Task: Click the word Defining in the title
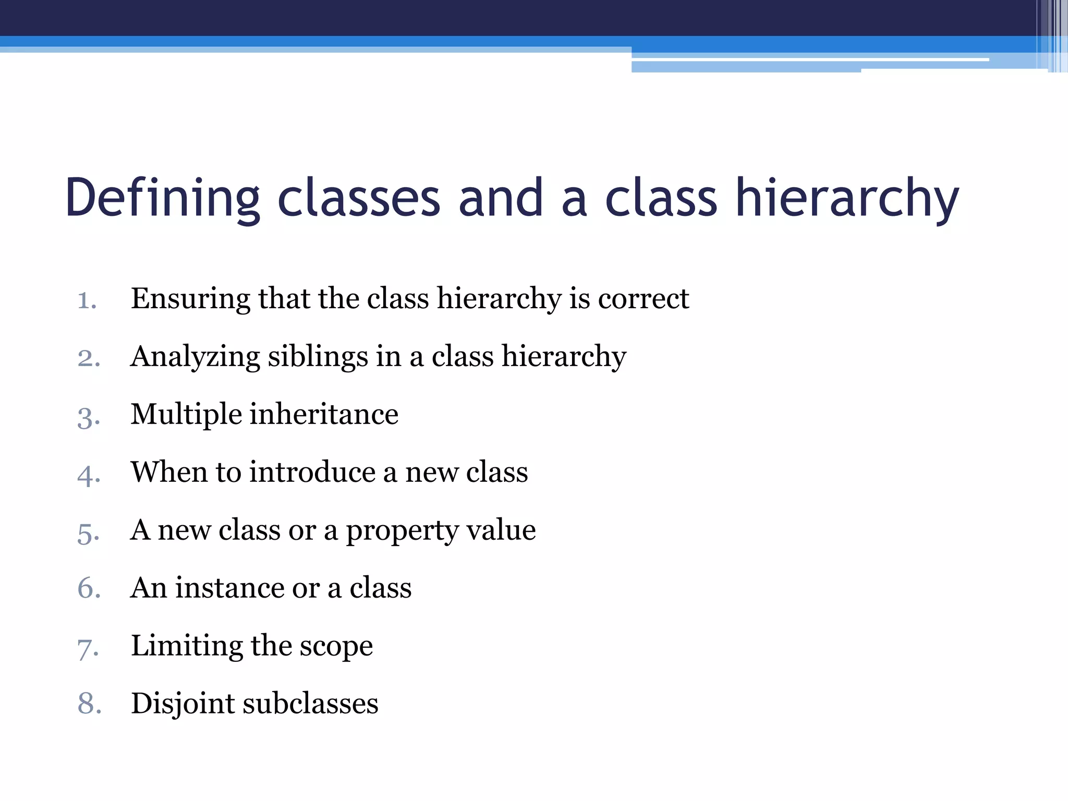click(x=162, y=198)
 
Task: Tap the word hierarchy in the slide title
click(x=847, y=198)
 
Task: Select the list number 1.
click(x=87, y=300)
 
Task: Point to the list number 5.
click(x=88, y=532)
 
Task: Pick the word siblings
click(x=318, y=357)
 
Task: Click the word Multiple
click(x=186, y=415)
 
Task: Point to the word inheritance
click(x=324, y=415)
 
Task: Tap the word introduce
click(x=312, y=472)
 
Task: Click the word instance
click(x=229, y=588)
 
